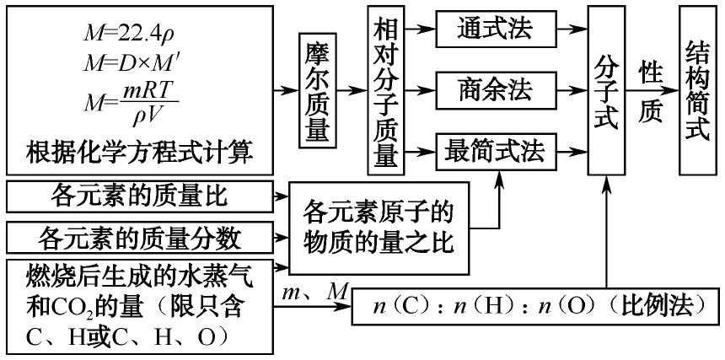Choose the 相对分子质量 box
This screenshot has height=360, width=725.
(x=385, y=89)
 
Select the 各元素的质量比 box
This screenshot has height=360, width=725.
(x=139, y=198)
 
